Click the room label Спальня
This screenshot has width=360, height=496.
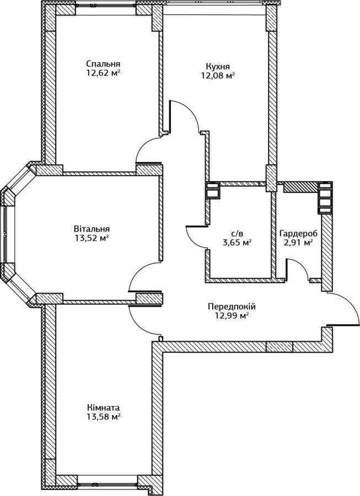coord(103,63)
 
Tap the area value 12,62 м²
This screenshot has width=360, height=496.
coord(103,73)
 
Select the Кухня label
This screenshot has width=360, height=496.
coord(218,67)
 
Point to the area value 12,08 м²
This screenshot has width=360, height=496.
coord(218,76)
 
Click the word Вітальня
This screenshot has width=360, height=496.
coord(92,229)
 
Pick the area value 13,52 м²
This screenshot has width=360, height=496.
coord(92,238)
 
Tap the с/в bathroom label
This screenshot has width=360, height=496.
coord(237,234)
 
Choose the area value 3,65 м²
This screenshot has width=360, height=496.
coord(237,243)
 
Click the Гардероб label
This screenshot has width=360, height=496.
coord(298,234)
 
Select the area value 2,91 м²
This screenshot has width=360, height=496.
coord(298,243)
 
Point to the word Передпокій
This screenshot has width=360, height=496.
coord(232,306)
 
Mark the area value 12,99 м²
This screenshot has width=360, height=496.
coord(232,315)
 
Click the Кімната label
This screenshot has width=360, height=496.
coord(104,407)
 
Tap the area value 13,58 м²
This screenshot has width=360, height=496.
coord(104,417)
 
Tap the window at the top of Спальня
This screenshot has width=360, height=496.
coord(106,6)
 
